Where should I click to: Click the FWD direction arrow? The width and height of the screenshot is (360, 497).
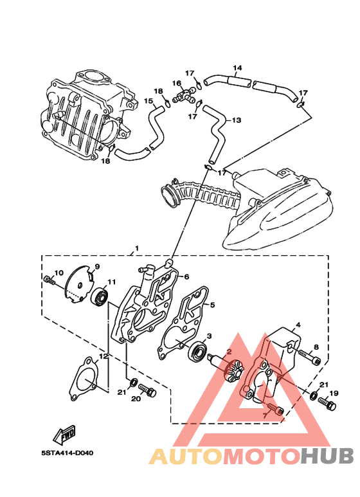[x=64, y=434]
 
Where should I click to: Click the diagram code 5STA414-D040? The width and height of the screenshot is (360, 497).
[x=67, y=453]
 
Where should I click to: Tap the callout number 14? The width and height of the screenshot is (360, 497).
[x=237, y=68]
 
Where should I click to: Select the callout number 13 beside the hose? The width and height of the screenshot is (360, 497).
[x=237, y=120]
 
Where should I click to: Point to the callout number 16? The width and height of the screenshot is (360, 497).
[x=177, y=83]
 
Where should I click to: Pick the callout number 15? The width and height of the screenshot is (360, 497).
[x=148, y=101]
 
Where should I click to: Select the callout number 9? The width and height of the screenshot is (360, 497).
[x=97, y=267]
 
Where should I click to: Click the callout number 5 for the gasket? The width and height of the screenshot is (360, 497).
[x=212, y=305]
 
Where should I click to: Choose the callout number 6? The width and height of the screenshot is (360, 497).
[x=186, y=276]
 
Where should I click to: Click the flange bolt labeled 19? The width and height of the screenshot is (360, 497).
[x=327, y=404]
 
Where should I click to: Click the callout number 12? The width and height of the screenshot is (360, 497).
[x=104, y=356]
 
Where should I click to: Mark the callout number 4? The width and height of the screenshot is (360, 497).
[x=298, y=325]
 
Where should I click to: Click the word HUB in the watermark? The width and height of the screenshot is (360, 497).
[x=327, y=456]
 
